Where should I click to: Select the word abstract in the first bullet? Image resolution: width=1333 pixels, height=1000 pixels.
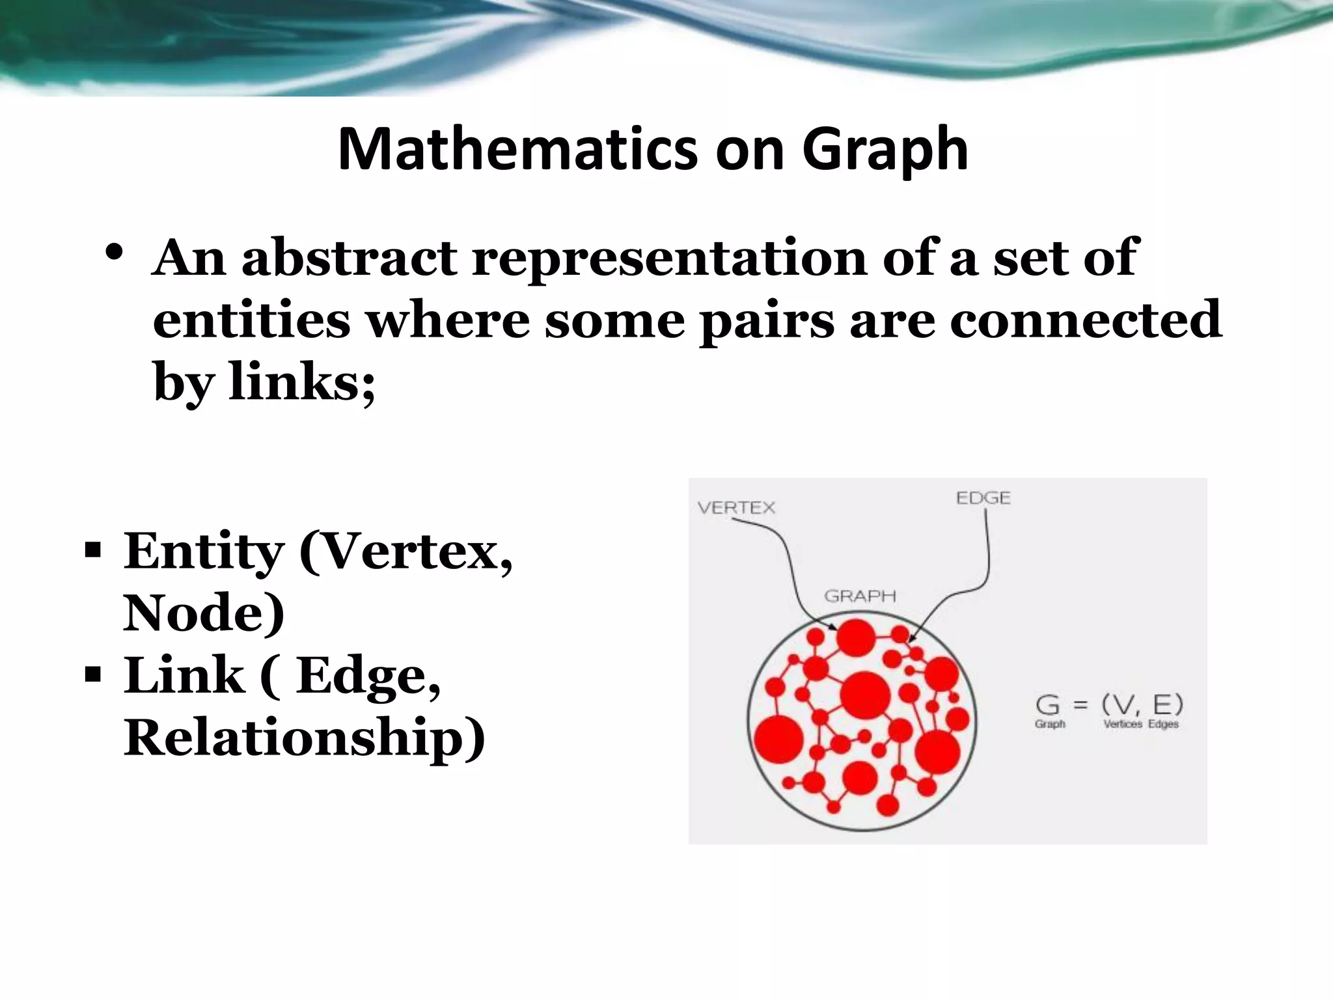click(x=350, y=258)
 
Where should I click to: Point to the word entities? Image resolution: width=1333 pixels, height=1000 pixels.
click(x=251, y=320)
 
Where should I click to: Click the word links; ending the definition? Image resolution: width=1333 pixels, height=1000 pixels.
click(x=302, y=382)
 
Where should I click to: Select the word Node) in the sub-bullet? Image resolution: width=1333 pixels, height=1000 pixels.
click(x=204, y=613)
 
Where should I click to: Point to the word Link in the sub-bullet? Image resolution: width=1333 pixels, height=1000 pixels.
click(x=184, y=675)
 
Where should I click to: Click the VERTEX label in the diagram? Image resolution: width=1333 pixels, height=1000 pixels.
click(x=736, y=508)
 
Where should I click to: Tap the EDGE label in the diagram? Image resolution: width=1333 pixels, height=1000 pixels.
click(x=983, y=499)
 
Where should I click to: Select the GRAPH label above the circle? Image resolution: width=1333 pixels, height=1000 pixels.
click(x=860, y=596)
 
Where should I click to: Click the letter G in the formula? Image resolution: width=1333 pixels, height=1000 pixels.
click(x=1048, y=705)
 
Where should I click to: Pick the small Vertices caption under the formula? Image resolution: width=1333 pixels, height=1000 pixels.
click(x=1123, y=724)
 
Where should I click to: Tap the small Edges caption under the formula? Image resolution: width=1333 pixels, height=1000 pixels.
click(x=1163, y=724)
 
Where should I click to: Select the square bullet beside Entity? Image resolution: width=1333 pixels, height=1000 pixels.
click(x=92, y=551)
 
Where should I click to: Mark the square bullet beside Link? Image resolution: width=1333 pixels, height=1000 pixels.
click(x=92, y=674)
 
